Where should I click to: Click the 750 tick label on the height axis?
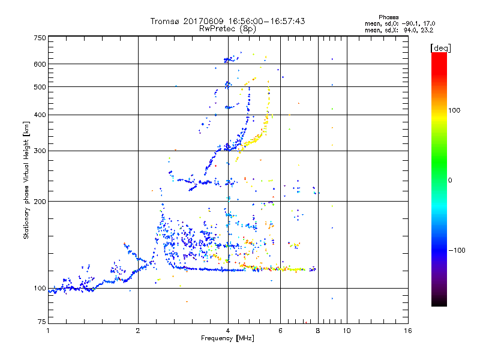tap(40, 38)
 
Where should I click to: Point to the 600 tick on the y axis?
tap(40, 64)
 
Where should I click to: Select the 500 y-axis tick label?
tap(40, 87)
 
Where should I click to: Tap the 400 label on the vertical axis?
tap(40, 115)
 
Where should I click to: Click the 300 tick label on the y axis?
tap(40, 151)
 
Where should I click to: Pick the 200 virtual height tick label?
tap(40, 202)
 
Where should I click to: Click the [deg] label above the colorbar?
tap(441, 47)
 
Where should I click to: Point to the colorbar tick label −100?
tap(460, 250)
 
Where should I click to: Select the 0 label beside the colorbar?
tap(451, 180)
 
